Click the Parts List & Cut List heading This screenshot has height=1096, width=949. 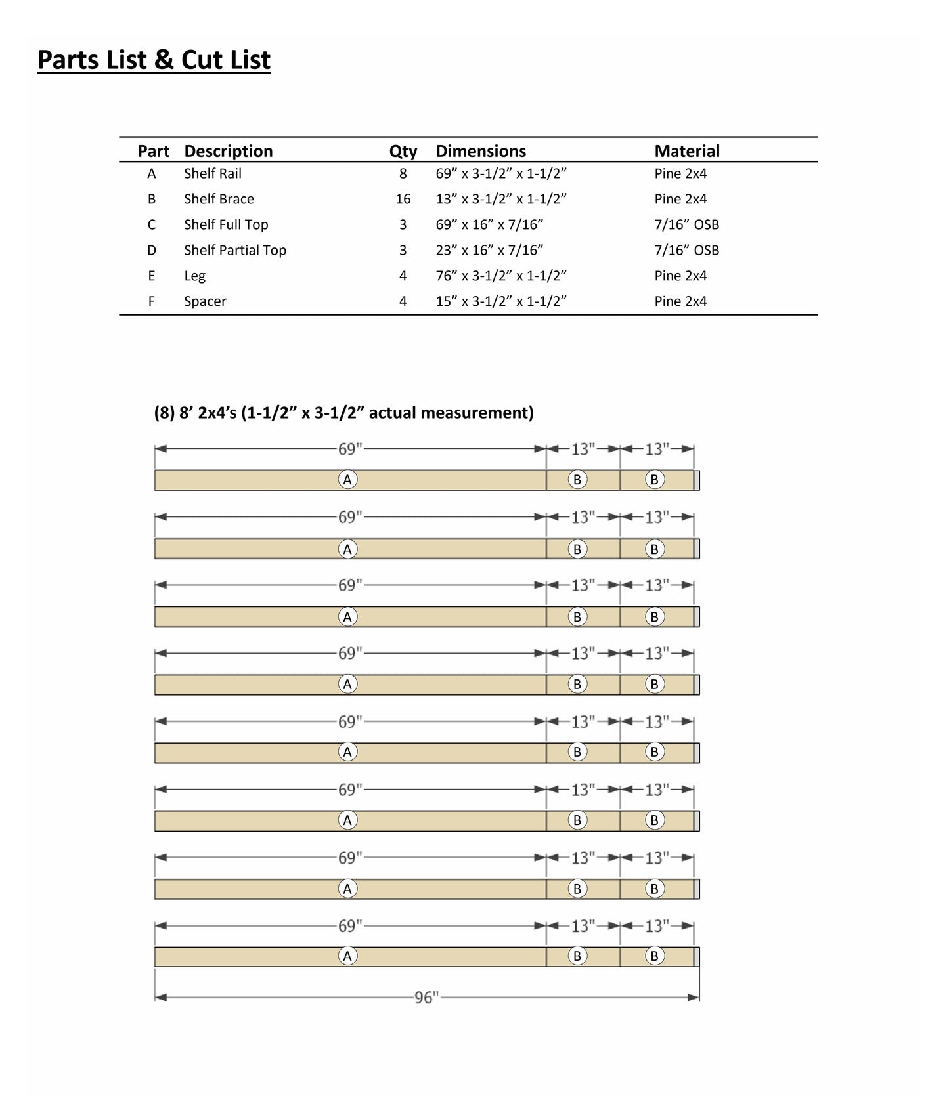click(154, 60)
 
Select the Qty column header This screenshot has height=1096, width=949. click(403, 151)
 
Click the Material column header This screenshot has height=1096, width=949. click(686, 151)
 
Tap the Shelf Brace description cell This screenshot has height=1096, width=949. click(219, 199)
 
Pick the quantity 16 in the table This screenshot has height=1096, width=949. click(403, 199)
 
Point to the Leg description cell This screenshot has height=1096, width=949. click(194, 276)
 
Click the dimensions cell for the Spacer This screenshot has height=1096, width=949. click(500, 301)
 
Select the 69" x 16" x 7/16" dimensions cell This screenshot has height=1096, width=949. click(489, 224)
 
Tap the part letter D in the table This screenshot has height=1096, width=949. click(152, 250)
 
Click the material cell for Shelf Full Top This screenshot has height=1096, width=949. click(686, 224)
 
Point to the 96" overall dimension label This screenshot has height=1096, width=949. click(426, 998)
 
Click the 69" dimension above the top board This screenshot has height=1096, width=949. click(350, 450)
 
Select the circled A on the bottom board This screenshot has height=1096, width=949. click(347, 956)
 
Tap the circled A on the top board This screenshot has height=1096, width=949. click(347, 480)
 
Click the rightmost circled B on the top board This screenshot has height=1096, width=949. click(654, 480)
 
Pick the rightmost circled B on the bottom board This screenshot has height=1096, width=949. click(654, 956)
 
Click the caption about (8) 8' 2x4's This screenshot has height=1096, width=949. click(343, 413)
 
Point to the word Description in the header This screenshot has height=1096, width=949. click(228, 151)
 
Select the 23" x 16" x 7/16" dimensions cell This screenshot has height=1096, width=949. click(489, 250)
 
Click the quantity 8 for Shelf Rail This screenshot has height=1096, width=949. click(403, 173)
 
